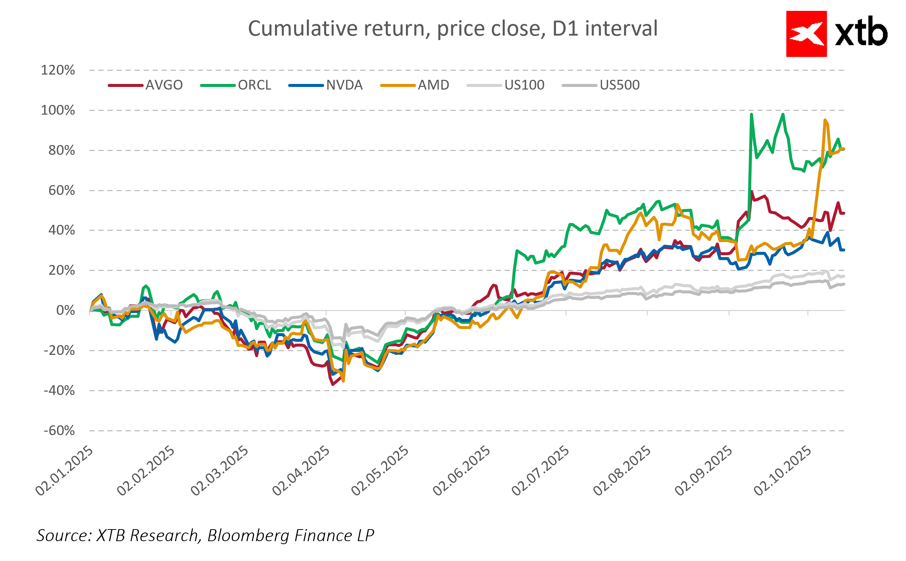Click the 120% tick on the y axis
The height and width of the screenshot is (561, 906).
58,70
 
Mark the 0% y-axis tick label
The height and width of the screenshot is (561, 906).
65,310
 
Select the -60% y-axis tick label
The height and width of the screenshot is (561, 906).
59,431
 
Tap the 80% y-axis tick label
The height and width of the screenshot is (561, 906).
62,150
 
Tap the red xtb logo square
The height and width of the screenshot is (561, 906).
806,34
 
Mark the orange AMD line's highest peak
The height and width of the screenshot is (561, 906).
825,120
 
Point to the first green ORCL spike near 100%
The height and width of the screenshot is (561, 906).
751,114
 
